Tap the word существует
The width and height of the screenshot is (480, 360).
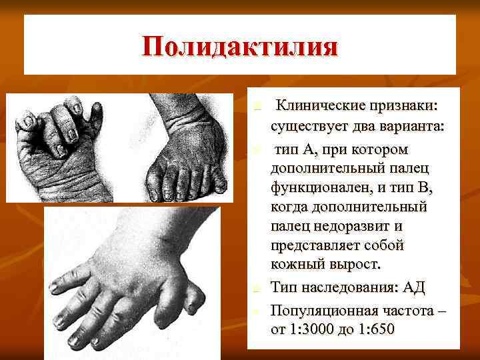pos(315,127)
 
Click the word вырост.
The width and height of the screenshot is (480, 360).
pos(357,265)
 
